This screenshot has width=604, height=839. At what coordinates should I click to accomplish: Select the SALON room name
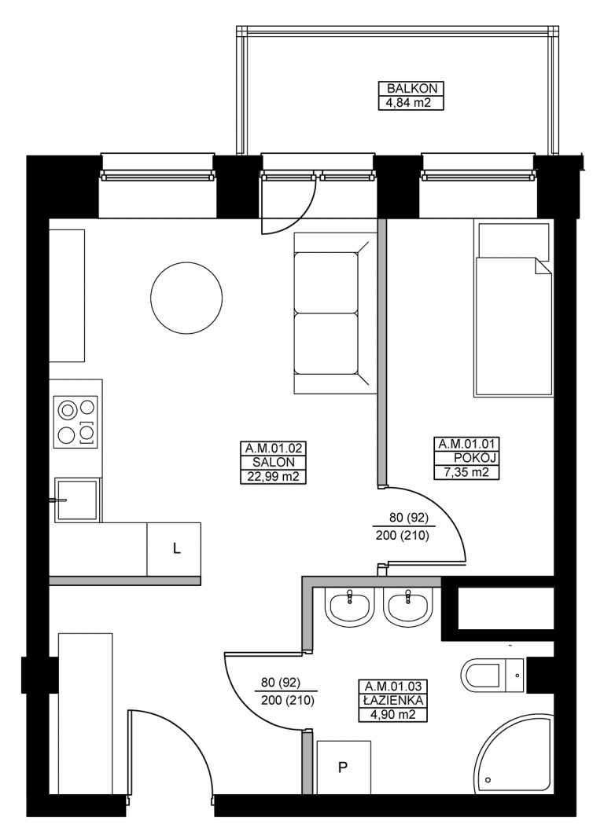click(x=274, y=462)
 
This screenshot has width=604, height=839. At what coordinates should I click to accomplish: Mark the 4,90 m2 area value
click(x=394, y=714)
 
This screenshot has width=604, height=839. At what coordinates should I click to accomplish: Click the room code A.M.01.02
click(x=274, y=449)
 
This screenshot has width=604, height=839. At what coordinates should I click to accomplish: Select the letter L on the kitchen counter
click(x=176, y=548)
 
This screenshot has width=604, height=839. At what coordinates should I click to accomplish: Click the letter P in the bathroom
click(x=343, y=768)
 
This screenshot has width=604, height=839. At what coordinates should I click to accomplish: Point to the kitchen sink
click(x=77, y=500)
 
